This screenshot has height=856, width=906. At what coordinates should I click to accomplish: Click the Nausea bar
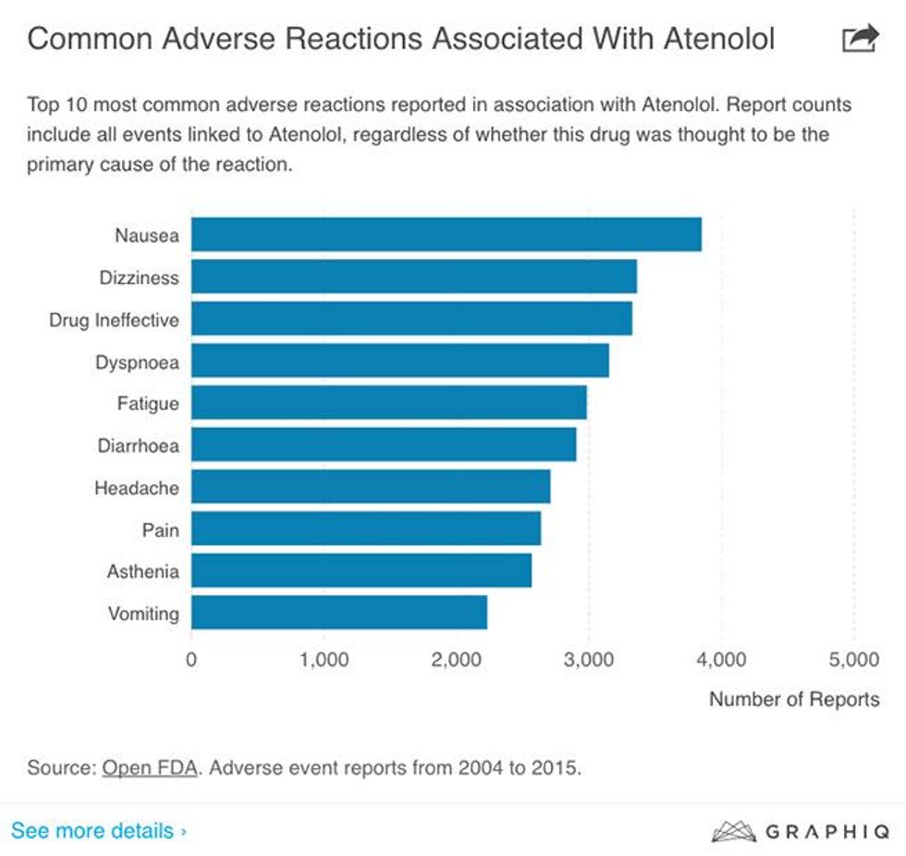pos(446,235)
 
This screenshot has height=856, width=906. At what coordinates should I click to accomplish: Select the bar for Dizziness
pos(413,277)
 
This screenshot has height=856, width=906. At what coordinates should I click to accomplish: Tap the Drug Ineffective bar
pos(411,319)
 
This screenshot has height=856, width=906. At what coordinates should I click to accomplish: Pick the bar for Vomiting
pos(338,613)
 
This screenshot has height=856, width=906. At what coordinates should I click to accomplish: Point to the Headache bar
pos(371,487)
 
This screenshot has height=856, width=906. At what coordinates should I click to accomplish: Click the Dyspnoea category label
pos(137,362)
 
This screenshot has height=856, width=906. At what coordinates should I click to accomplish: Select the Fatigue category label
pos(148,404)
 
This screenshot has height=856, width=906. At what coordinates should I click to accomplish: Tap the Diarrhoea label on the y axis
pos(138,446)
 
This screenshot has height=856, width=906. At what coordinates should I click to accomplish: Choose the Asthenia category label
pos(142,571)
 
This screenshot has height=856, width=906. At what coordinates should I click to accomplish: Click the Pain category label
pos(160,530)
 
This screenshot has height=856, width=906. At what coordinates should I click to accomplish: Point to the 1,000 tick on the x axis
pos(324,660)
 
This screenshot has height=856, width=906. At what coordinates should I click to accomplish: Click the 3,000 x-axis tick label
pos(589,660)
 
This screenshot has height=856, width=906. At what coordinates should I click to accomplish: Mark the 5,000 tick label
pos(853,660)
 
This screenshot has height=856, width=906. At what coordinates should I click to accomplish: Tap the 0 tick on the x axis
pos(191,660)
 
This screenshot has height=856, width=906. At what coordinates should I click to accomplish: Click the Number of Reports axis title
pos(794,699)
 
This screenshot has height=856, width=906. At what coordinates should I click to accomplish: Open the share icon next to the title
pos(860,39)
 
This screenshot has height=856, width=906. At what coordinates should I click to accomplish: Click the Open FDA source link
pos(150,768)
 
